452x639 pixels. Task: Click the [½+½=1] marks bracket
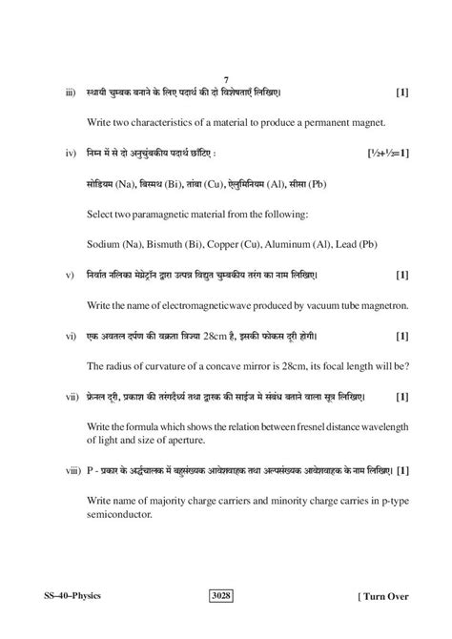click(x=387, y=152)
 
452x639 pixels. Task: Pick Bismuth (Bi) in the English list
click(x=167, y=243)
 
